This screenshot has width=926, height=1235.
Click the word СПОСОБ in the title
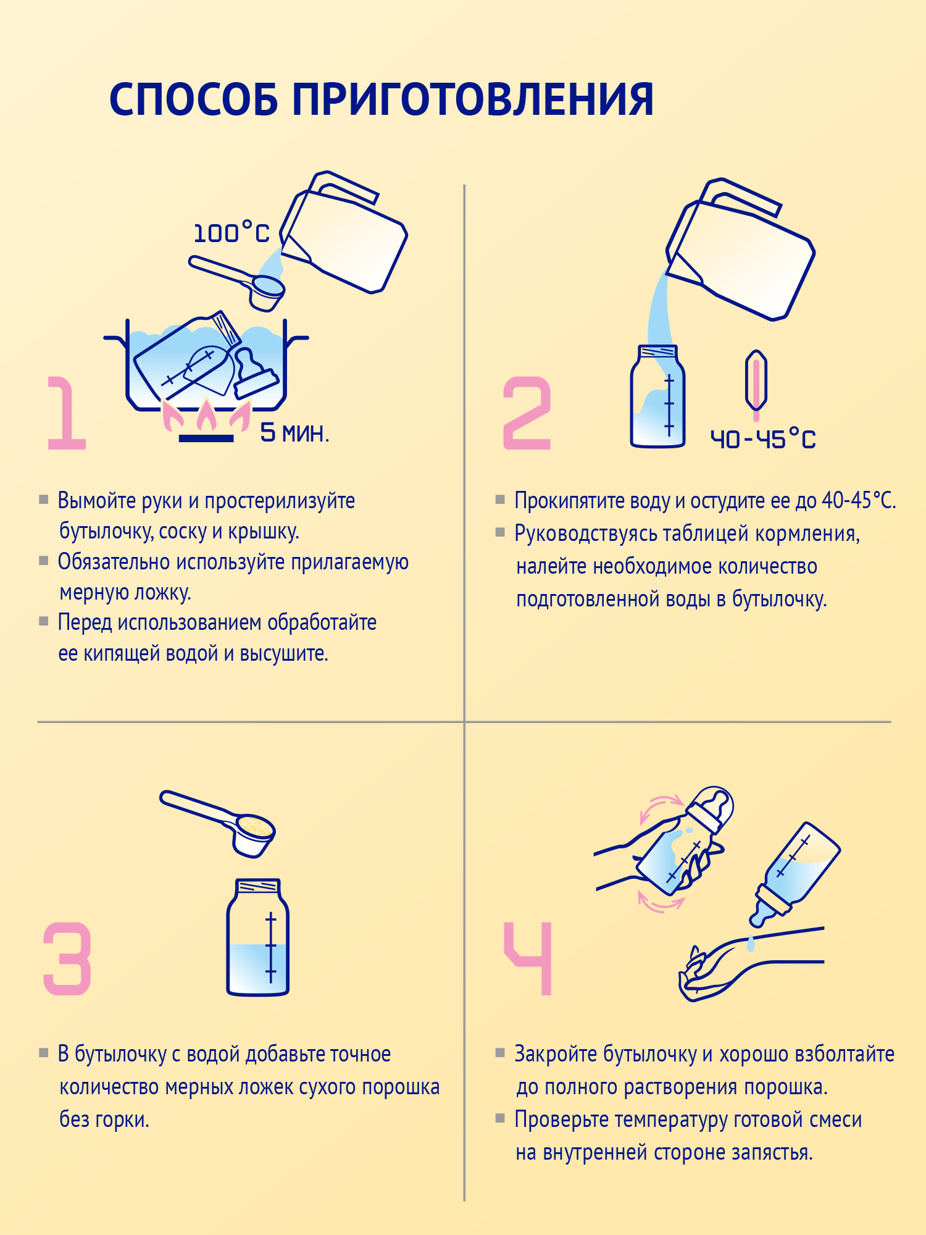(x=193, y=100)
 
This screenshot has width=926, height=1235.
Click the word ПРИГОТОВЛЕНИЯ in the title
(x=472, y=100)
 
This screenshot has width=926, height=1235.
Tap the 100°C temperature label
(x=231, y=233)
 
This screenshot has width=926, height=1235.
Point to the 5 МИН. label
(x=294, y=433)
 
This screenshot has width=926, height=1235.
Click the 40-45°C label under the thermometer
(x=763, y=440)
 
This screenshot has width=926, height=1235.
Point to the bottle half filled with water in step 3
(x=258, y=939)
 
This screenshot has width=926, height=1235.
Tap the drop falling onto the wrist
(x=751, y=944)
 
